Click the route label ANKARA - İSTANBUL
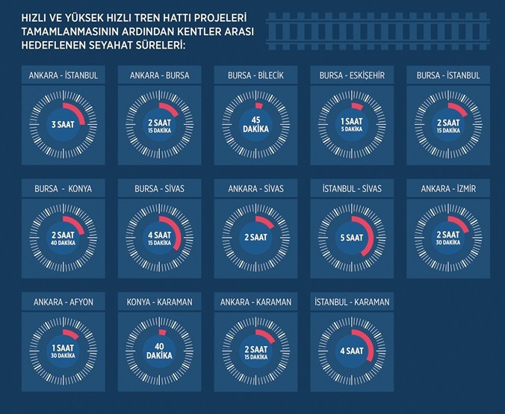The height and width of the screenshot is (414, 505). tap(63, 76)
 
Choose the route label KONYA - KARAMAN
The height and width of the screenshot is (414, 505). tap(158, 302)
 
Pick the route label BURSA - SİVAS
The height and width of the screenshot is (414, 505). tap(158, 189)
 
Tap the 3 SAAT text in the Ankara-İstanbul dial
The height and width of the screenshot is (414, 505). tap(63, 124)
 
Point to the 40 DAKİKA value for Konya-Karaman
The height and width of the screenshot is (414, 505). tap(158, 350)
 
